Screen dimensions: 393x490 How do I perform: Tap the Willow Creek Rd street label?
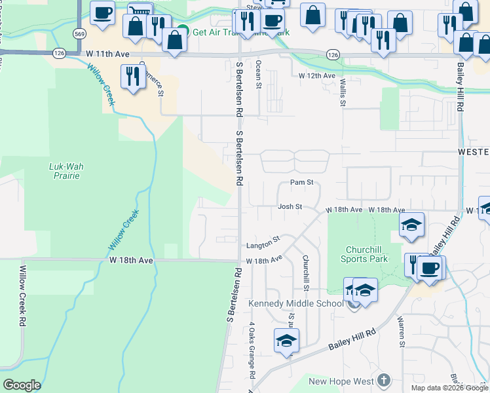(x=22, y=296)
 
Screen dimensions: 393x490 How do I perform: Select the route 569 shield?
(x=79, y=33)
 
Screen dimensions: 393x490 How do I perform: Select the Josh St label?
(x=290, y=206)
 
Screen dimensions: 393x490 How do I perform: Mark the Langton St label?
(x=263, y=246)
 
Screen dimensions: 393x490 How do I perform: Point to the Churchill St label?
(x=306, y=269)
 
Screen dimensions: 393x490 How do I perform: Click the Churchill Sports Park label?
(x=364, y=253)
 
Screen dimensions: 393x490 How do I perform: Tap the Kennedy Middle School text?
(x=295, y=303)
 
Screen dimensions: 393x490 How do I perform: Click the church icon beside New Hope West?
(x=384, y=381)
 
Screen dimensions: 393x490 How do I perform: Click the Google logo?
(x=22, y=384)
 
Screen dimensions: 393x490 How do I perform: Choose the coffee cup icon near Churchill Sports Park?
(x=430, y=268)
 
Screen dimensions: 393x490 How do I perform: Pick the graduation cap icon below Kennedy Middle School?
(x=286, y=341)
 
